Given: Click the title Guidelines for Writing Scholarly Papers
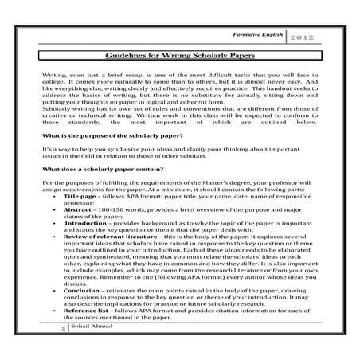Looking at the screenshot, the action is [x=179, y=54].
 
